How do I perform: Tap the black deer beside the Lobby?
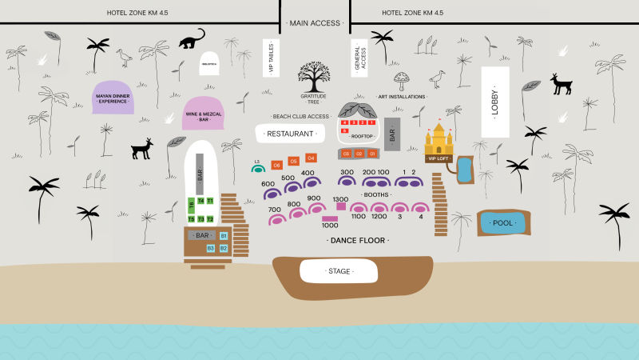click(562, 84)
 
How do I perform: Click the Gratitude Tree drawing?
click(314, 78)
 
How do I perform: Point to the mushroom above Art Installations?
click(401, 78)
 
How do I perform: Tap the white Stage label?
click(339, 271)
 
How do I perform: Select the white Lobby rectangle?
click(494, 102)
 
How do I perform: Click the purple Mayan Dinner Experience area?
click(113, 98)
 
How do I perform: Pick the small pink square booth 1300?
click(341, 206)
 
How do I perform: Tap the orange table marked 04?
click(311, 158)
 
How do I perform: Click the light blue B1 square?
click(224, 236)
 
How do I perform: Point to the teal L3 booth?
click(257, 168)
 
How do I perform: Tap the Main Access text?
click(315, 23)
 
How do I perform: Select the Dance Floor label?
click(359, 240)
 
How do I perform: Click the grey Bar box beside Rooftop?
click(391, 133)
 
